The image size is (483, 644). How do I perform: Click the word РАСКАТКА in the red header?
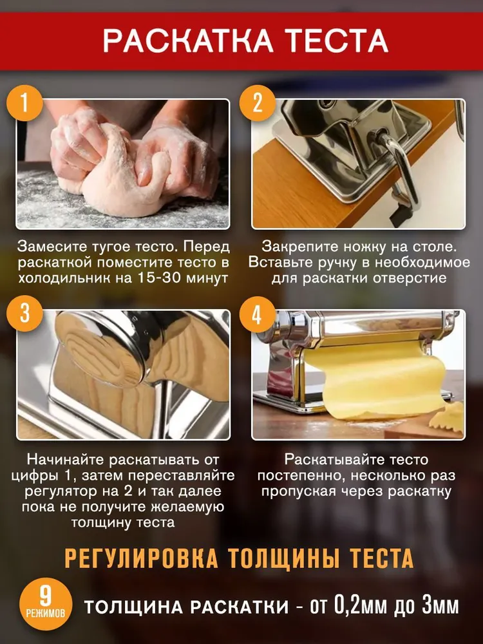point(188,41)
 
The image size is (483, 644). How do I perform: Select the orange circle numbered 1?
point(25,102)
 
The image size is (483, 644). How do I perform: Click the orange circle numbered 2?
point(258,102)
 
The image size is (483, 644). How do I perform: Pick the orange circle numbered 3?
point(25,314)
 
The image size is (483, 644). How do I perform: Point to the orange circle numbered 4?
point(257,314)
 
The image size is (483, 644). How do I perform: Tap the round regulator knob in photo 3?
point(100,349)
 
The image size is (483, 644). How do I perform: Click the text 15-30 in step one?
point(158,278)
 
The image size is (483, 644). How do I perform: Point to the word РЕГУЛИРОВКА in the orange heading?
point(142,558)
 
